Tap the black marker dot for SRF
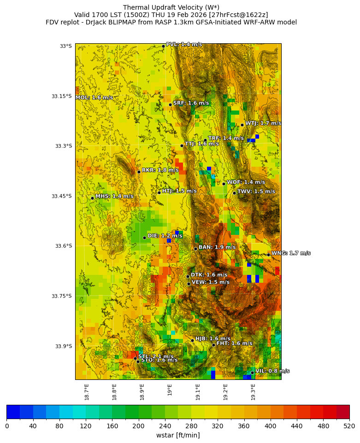pyautogui.click(x=170, y=105)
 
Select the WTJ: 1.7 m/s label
pyautogui.click(x=263, y=123)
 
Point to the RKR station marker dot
pyautogui.click(x=139, y=172)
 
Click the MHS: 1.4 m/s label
pyautogui.click(x=114, y=197)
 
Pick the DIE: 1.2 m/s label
pyautogui.click(x=165, y=236)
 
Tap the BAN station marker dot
pyautogui.click(x=195, y=249)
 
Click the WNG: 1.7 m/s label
pyautogui.click(x=291, y=253)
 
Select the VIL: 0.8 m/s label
pyautogui.click(x=272, y=371)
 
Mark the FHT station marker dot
pyautogui.click(x=213, y=345)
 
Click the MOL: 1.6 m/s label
pyautogui.click(x=94, y=98)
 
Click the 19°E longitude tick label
pyautogui.click(x=170, y=390)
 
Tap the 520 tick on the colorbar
pyautogui.click(x=349, y=426)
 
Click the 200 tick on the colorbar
pyautogui.click(x=138, y=426)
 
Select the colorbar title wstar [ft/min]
pyautogui.click(x=178, y=435)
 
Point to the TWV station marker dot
pyautogui.click(x=234, y=193)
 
